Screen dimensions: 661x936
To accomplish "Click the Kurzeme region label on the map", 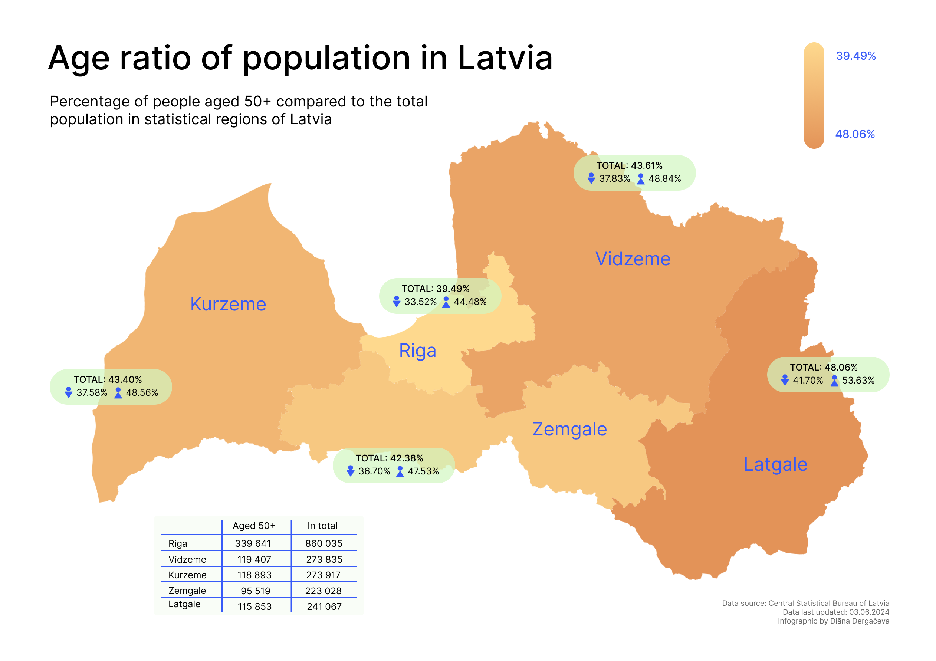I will click(x=228, y=304).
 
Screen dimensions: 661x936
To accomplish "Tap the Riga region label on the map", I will click(x=417, y=351).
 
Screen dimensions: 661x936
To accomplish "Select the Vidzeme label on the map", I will click(x=633, y=259).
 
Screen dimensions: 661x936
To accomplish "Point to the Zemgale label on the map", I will click(x=569, y=429).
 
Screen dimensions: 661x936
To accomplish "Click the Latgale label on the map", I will click(x=775, y=464).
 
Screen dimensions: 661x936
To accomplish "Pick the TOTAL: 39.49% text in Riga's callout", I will click(x=436, y=289).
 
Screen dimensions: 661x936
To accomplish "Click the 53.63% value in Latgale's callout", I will click(x=858, y=380).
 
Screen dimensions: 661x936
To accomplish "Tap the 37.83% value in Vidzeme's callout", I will click(x=614, y=178).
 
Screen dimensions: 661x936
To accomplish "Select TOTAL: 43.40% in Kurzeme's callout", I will click(x=108, y=379).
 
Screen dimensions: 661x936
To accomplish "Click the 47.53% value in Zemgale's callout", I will click(x=423, y=471).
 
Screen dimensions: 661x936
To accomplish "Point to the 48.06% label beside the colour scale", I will click(x=855, y=134).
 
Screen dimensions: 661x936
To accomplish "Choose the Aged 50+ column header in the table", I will click(x=254, y=526).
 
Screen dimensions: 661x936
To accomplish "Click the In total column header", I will click(x=322, y=526).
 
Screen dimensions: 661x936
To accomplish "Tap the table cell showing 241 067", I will click(x=324, y=606).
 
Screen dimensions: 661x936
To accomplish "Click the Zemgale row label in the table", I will click(x=187, y=591).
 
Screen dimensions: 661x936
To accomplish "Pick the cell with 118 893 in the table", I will click(x=254, y=575).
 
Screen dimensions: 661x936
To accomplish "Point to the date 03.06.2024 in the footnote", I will click(x=869, y=612).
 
